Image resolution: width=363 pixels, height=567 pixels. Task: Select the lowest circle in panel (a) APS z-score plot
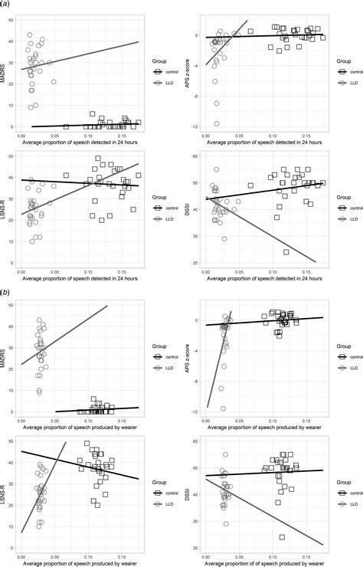(217, 123)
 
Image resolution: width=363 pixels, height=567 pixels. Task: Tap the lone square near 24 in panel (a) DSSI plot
(286, 252)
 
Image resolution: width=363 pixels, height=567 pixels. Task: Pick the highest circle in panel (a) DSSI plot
(216, 169)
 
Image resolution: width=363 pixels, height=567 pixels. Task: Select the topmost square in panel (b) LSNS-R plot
(87, 444)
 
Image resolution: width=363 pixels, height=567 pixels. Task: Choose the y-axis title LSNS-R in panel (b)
(5, 496)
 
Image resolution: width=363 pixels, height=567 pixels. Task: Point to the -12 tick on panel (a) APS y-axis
(196, 126)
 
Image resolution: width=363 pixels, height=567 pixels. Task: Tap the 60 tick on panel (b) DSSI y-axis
(196, 441)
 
